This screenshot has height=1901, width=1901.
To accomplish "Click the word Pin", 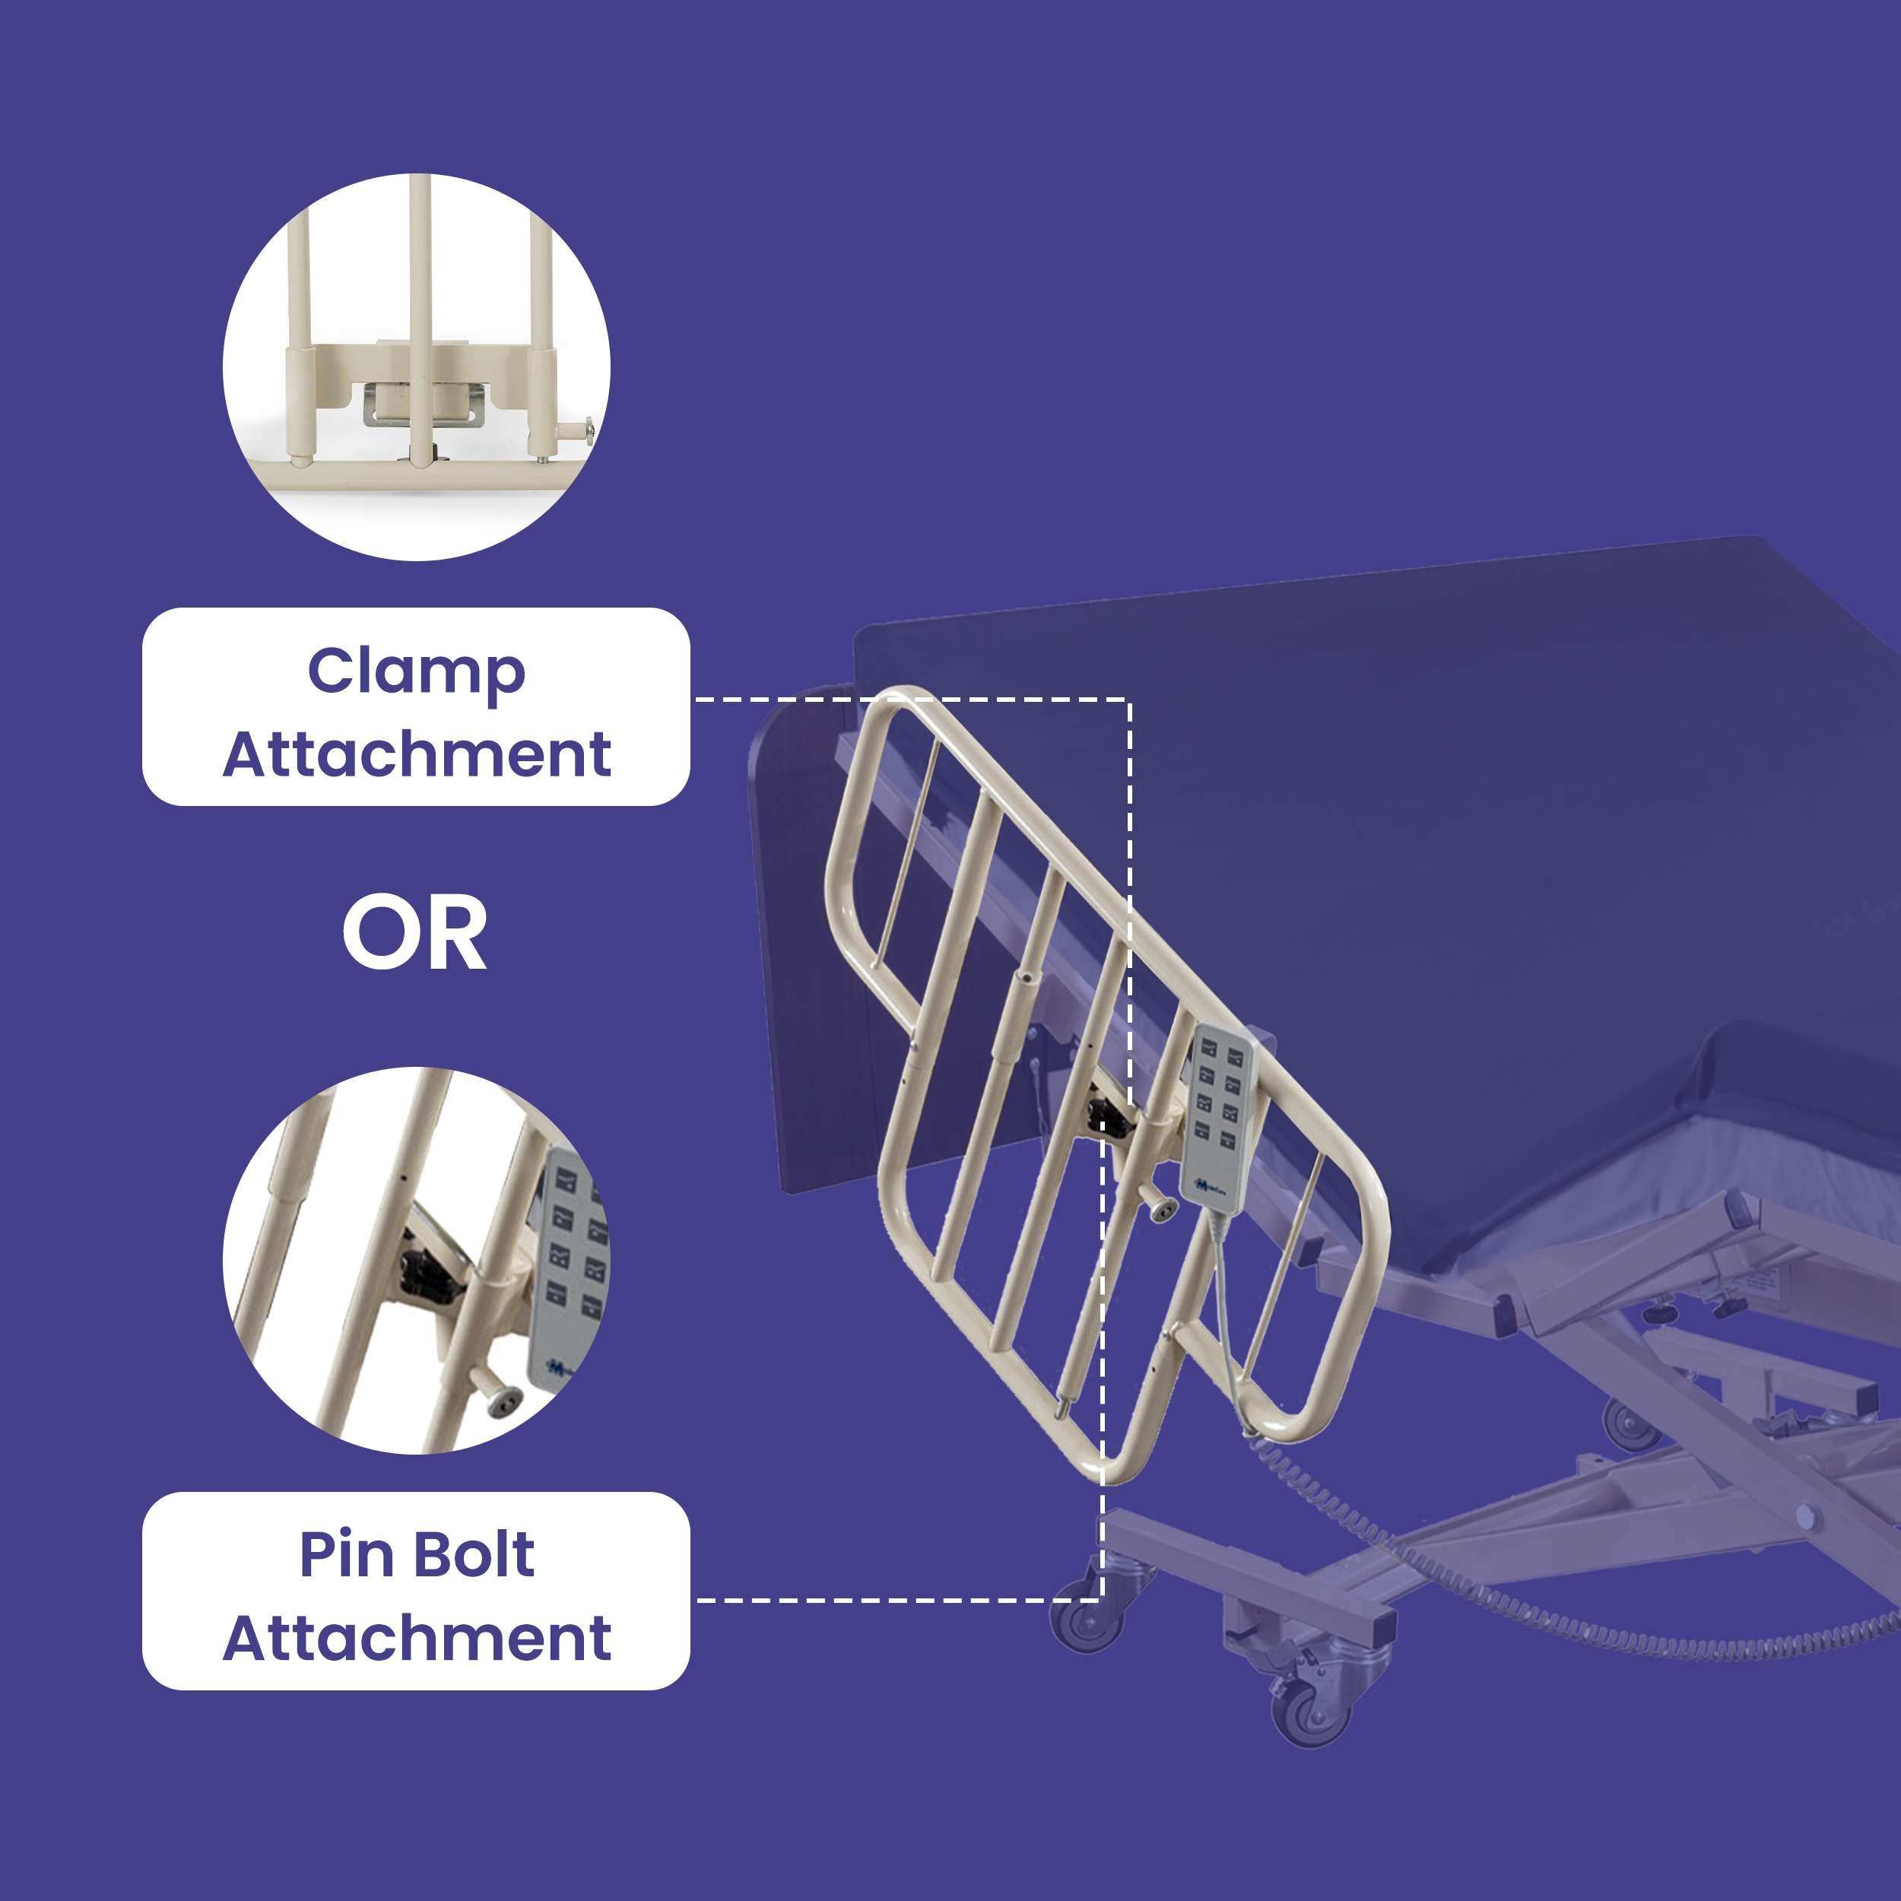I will coord(344,1556).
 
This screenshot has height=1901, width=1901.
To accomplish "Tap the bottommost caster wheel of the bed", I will coord(1308,1713).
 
